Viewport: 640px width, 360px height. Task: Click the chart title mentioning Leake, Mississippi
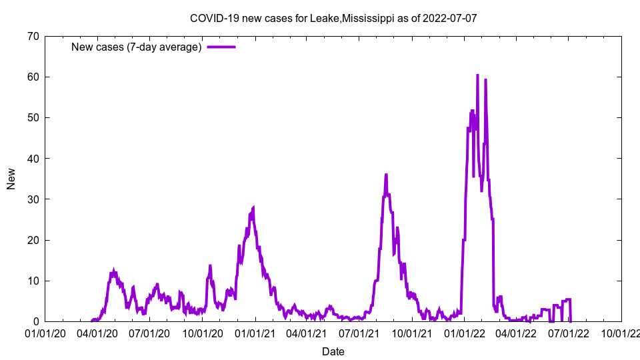pos(333,18)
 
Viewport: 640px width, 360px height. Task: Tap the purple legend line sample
pos(221,47)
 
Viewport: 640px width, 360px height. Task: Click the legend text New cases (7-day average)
pos(137,47)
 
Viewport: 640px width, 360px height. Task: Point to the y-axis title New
pos(11,179)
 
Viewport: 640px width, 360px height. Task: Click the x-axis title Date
pos(333,351)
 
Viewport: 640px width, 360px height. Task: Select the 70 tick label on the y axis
pos(33,36)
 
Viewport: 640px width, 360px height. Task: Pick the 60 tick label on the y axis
pos(33,77)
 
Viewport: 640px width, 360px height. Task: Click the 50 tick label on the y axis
pos(33,117)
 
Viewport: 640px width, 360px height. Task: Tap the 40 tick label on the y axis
pos(33,158)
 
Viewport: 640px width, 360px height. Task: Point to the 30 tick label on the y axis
pos(33,199)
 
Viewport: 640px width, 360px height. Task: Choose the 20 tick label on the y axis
pos(33,240)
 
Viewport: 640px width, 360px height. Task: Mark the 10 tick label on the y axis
pos(33,281)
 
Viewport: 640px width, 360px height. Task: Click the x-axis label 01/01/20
pos(45,333)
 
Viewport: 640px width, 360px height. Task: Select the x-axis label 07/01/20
pos(150,333)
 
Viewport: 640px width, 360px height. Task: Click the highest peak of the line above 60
pos(477,75)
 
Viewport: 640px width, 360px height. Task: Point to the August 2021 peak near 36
pos(386,175)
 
